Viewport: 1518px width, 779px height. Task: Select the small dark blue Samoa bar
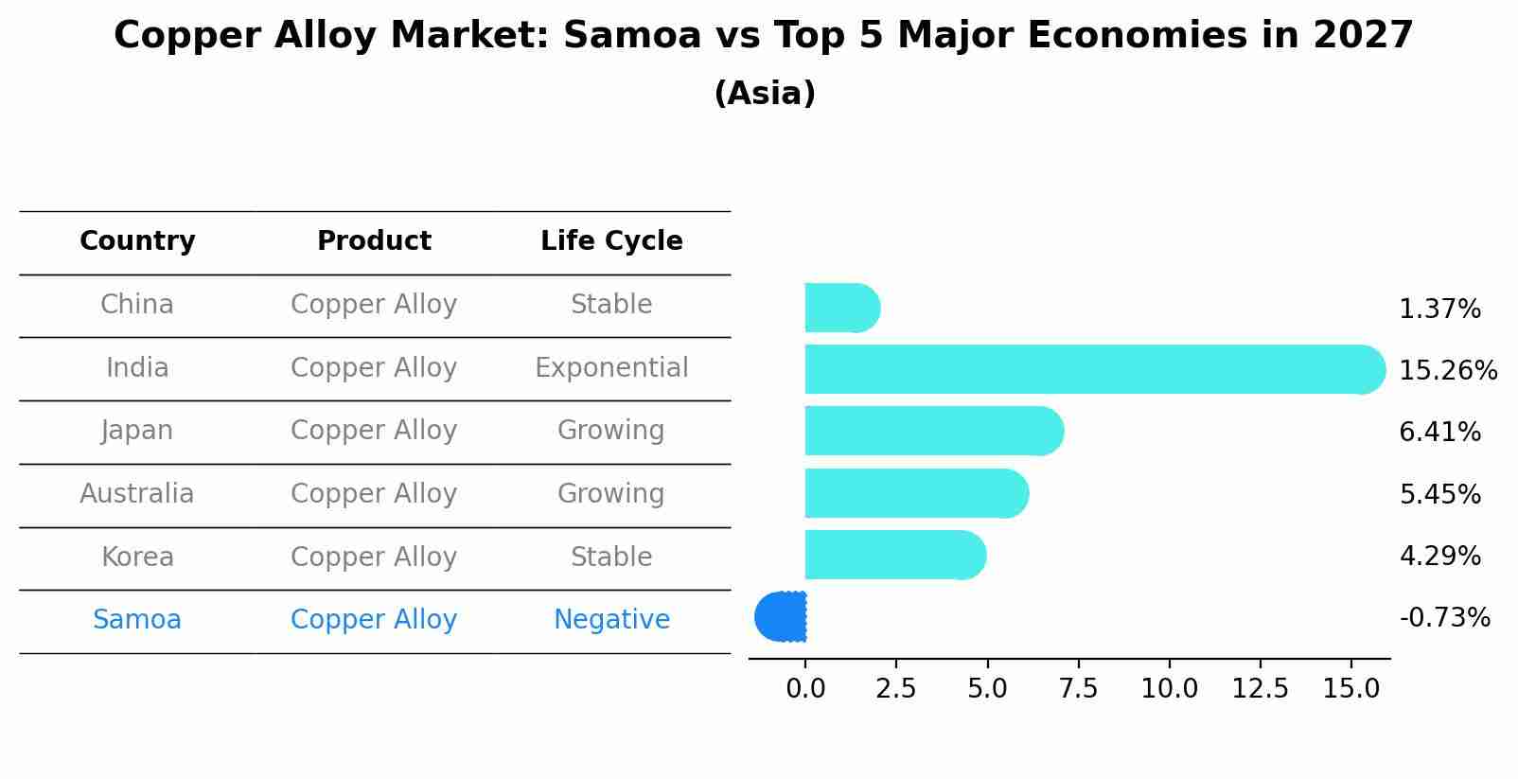tap(781, 617)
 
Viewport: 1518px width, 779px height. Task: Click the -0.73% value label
tap(1444, 618)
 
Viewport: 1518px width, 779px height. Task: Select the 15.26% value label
tap(1447, 370)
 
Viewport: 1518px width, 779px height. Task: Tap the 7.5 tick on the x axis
tap(1078, 689)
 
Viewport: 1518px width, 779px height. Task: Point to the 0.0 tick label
tap(805, 689)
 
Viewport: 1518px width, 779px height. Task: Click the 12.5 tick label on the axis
tap(1260, 689)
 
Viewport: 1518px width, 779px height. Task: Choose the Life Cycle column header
tap(611, 241)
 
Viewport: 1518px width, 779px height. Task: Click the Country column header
tap(137, 241)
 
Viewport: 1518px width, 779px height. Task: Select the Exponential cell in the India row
tap(611, 368)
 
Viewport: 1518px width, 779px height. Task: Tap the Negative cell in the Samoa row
tap(611, 620)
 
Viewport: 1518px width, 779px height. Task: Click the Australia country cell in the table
tap(137, 494)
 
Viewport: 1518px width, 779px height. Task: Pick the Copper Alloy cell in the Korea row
tap(374, 558)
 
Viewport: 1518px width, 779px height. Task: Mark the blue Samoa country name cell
tap(137, 620)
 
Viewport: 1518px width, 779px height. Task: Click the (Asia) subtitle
tap(765, 94)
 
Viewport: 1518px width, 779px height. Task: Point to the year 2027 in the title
tap(1362, 36)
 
